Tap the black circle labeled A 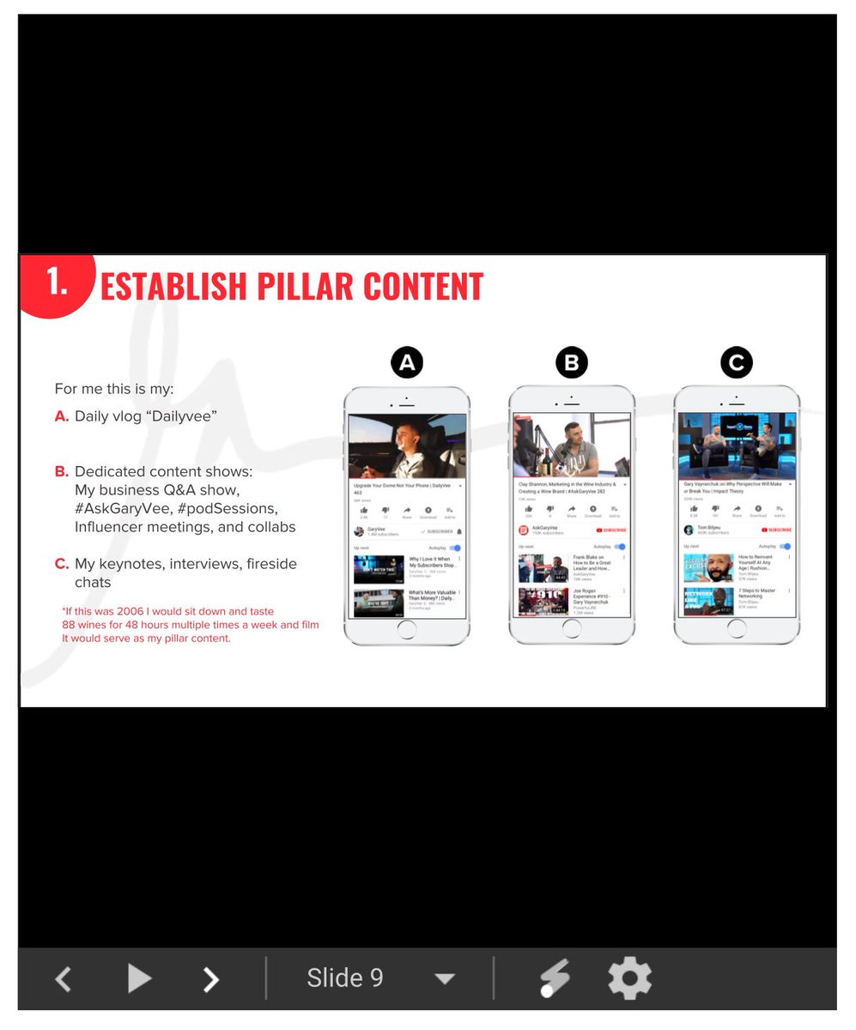(x=407, y=363)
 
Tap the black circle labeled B (x=572, y=363)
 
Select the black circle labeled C (x=736, y=363)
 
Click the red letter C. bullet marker (x=62, y=564)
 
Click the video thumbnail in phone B (x=572, y=445)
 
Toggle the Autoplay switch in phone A (x=455, y=547)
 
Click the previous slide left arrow (x=63, y=978)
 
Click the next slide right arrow (x=211, y=978)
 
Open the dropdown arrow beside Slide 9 (x=444, y=979)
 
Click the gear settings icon (x=630, y=978)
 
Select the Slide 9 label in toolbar (x=345, y=978)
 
